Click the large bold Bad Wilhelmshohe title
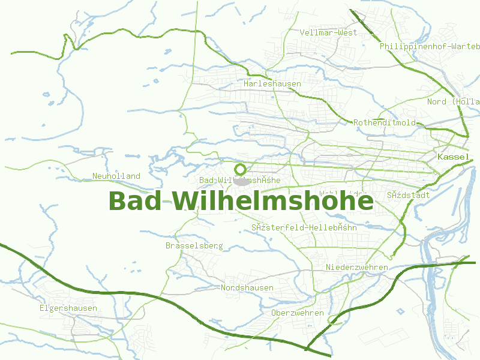(x=240, y=201)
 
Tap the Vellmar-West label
(x=328, y=32)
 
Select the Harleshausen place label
(x=272, y=84)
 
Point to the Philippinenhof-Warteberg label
(x=430, y=46)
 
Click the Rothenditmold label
(x=385, y=122)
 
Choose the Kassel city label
(x=454, y=157)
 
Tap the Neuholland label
(x=116, y=176)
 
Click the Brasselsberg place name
(x=194, y=246)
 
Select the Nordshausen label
(x=247, y=288)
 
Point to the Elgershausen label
(x=68, y=308)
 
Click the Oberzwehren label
(x=298, y=313)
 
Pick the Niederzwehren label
(x=357, y=267)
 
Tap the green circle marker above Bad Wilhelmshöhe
(x=241, y=169)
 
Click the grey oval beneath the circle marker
(x=241, y=181)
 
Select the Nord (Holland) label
(x=453, y=102)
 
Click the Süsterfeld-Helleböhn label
(x=304, y=228)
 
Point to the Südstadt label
(x=409, y=196)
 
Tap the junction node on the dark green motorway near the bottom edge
(x=307, y=348)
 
